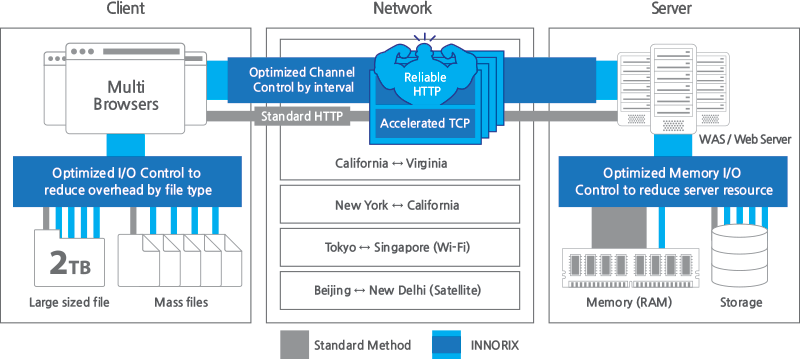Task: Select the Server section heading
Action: click(672, 9)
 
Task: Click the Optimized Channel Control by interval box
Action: click(300, 79)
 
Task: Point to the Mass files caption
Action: click(180, 302)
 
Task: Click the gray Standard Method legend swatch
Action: click(295, 345)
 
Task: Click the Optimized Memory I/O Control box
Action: click(673, 180)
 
